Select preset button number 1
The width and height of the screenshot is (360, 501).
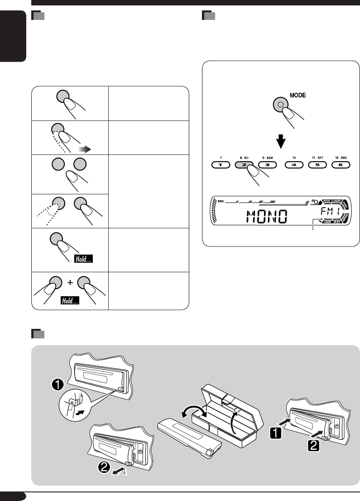coord(220,165)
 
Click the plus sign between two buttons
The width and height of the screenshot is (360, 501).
coord(70,283)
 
